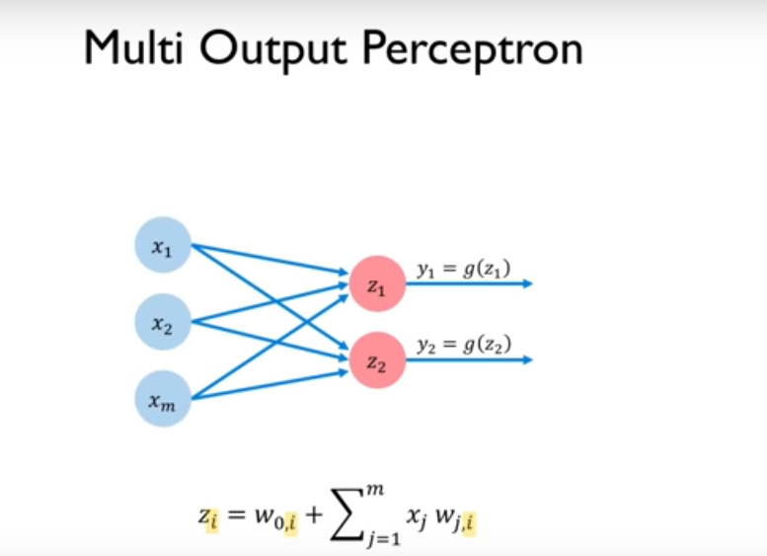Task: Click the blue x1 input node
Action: pyautogui.click(x=162, y=245)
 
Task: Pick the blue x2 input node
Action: pyautogui.click(x=162, y=322)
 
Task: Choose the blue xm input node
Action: pyautogui.click(x=162, y=399)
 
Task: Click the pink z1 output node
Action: pyautogui.click(x=377, y=283)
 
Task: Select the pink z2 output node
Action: pyautogui.click(x=377, y=359)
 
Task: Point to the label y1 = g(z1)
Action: pyautogui.click(x=463, y=269)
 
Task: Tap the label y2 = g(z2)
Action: pyautogui.click(x=463, y=345)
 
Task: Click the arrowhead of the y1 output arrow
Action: pyautogui.click(x=527, y=283)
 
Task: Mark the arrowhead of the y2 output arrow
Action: pyautogui.click(x=527, y=359)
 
